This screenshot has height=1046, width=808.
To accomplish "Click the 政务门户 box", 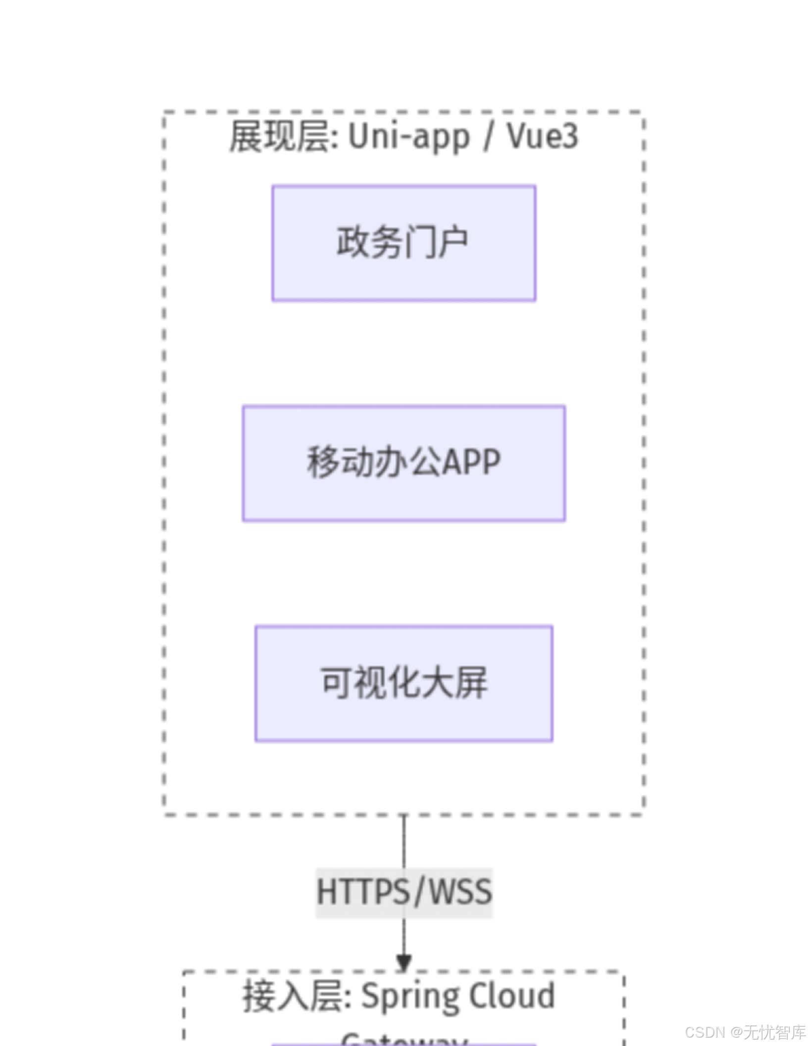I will click(x=404, y=243).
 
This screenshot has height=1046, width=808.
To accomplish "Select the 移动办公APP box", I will click(x=404, y=463).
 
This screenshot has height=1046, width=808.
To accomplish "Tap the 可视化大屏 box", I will click(x=404, y=683).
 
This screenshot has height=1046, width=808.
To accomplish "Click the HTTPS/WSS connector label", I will click(x=404, y=892).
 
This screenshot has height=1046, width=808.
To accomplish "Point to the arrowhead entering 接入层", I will click(x=404, y=963).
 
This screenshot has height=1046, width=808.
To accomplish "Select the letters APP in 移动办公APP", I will click(x=471, y=463).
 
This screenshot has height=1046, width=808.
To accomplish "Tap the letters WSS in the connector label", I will click(x=460, y=892).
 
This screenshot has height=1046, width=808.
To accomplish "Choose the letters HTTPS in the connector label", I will click(x=363, y=892).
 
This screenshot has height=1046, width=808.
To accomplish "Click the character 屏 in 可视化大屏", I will click(x=471, y=683).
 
